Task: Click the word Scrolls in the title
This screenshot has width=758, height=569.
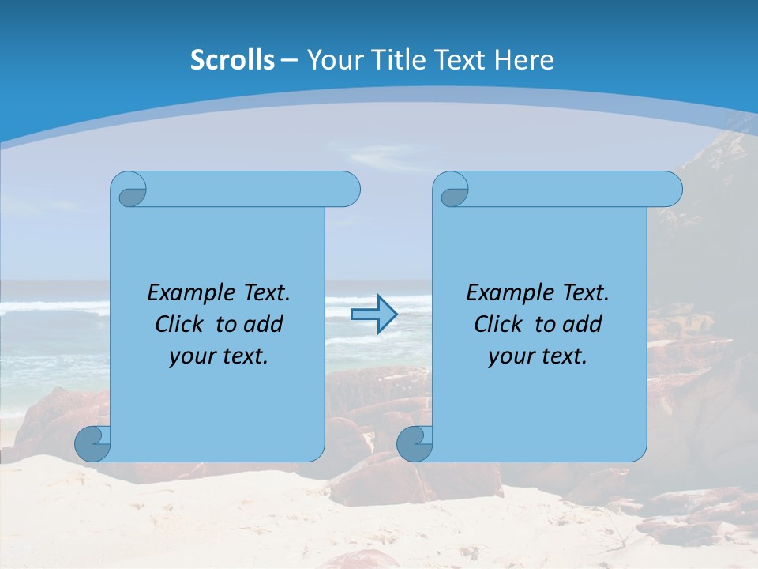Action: point(233,60)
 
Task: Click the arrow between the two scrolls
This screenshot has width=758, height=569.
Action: point(373,315)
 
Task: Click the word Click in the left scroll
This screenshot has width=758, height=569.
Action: point(181,324)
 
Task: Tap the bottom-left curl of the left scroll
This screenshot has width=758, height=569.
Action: point(93,443)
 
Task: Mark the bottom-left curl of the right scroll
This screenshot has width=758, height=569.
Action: point(415,443)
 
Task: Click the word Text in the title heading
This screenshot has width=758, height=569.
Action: point(459,60)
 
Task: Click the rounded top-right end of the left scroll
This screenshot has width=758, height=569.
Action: point(348,190)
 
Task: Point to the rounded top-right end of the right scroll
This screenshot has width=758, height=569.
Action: point(670,190)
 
